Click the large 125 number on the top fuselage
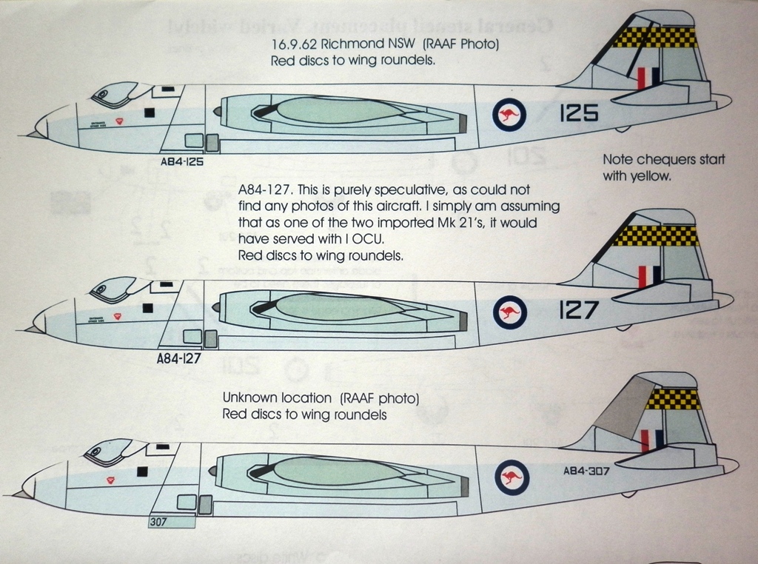point(579,113)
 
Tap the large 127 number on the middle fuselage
point(577,310)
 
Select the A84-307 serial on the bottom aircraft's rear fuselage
point(586,471)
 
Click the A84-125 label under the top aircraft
point(181,161)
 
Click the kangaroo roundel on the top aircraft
point(509,115)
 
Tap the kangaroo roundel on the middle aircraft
point(510,312)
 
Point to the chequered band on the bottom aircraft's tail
point(669,399)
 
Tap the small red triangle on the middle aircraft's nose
point(115,315)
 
